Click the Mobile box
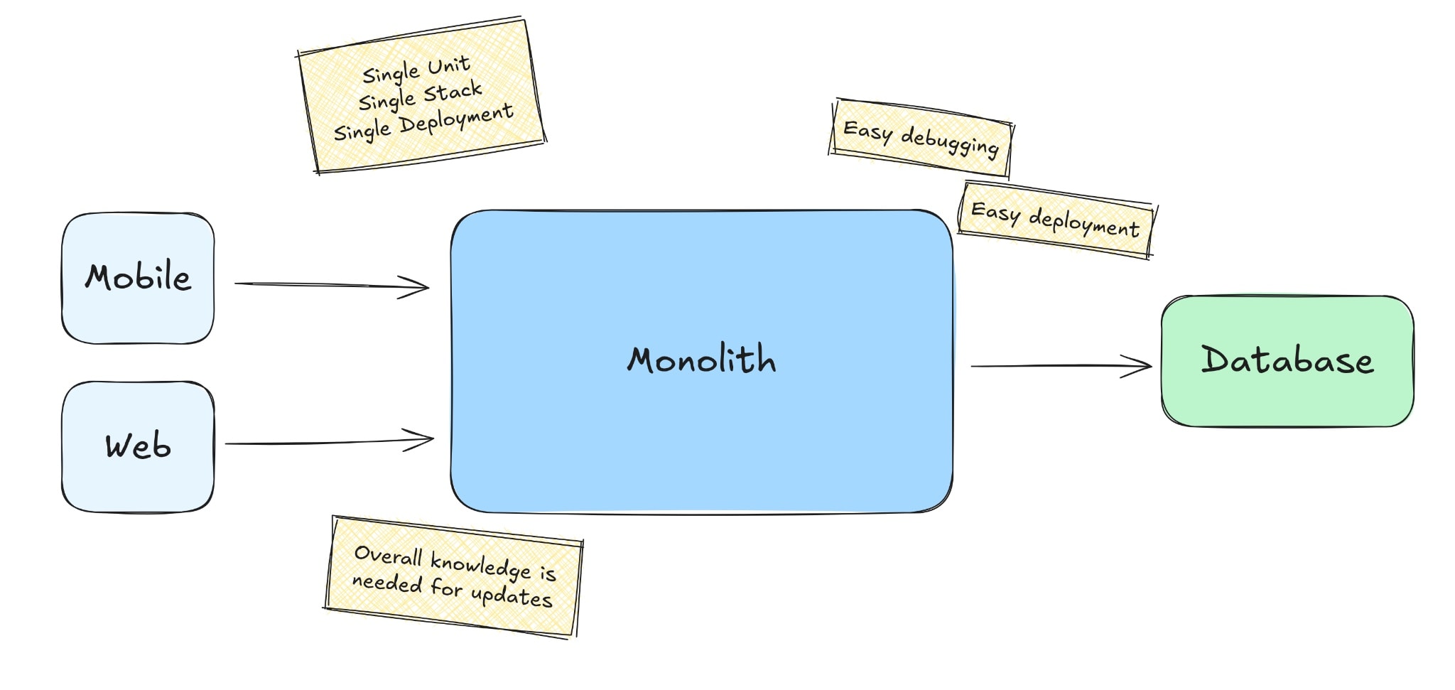(x=138, y=278)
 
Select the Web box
(x=138, y=446)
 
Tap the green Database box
(x=1287, y=361)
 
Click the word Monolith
(x=701, y=359)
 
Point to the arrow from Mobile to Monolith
(x=332, y=286)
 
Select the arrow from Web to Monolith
(x=330, y=442)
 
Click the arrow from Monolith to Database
(x=1061, y=366)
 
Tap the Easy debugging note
(x=921, y=138)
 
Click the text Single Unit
(x=416, y=69)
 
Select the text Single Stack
(x=421, y=96)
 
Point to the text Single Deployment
(x=423, y=122)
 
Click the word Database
(x=1287, y=360)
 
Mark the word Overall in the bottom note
(x=389, y=555)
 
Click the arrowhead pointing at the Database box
(x=1137, y=366)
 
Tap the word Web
(x=138, y=446)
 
